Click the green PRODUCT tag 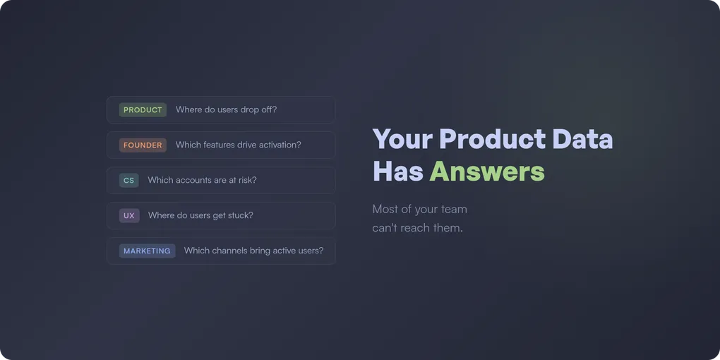[143, 110]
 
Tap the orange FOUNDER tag [143, 145]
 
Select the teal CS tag [128, 181]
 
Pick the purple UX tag [128, 216]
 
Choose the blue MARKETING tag [147, 251]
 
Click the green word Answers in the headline [487, 172]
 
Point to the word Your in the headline [402, 139]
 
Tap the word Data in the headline [582, 139]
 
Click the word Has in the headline [397, 172]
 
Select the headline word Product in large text [492, 139]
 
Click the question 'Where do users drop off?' [226, 110]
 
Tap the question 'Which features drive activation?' [238, 145]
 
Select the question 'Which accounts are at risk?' [202, 181]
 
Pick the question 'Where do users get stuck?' [200, 216]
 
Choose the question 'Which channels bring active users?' [253, 251]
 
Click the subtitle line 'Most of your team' [419, 209]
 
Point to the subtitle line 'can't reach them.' [417, 228]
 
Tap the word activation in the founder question [278, 145]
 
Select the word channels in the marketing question [229, 251]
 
